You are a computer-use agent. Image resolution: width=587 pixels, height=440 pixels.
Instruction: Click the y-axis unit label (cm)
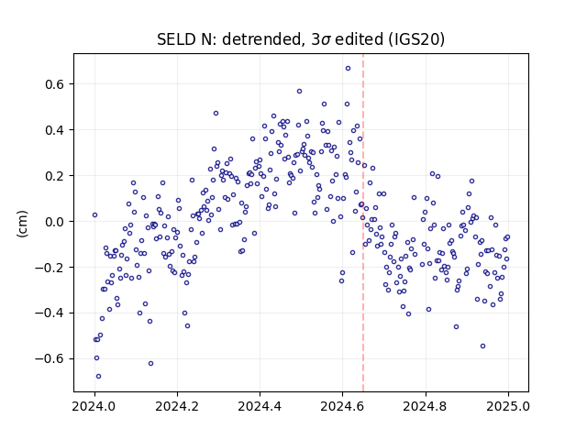coord(22,224)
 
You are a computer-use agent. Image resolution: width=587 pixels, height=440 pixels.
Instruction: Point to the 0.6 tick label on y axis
coord(55,84)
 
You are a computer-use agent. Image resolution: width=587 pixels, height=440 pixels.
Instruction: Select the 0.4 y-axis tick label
coord(55,130)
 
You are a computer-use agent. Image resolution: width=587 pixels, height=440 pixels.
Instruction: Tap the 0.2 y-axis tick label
coord(55,176)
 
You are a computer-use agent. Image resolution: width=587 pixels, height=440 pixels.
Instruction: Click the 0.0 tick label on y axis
coord(55,222)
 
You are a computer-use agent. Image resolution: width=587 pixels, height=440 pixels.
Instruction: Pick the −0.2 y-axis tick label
coord(50,268)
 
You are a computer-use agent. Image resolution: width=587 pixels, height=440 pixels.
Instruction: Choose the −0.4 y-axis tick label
coord(50,313)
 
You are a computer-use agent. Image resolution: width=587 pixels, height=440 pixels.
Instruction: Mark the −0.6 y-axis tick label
coord(50,358)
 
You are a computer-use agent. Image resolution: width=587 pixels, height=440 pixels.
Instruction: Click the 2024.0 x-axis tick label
coord(94,406)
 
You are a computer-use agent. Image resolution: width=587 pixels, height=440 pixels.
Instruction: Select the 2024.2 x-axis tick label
coord(177,406)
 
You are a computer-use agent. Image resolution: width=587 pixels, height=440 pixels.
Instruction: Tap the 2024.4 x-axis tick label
coord(260,406)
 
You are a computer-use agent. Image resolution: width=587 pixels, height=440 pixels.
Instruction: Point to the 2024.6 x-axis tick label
coord(342,406)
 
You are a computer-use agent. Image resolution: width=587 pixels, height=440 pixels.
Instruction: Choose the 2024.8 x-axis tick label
coord(426,406)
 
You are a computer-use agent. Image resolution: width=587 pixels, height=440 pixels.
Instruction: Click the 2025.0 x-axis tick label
coord(508,406)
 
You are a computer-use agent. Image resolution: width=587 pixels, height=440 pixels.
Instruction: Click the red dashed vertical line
coord(363,223)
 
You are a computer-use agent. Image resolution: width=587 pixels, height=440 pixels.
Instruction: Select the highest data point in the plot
coord(348,69)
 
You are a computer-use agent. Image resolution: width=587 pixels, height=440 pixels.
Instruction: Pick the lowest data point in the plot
coord(98,377)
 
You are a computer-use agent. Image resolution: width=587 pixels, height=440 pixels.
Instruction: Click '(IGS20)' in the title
coord(416,39)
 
